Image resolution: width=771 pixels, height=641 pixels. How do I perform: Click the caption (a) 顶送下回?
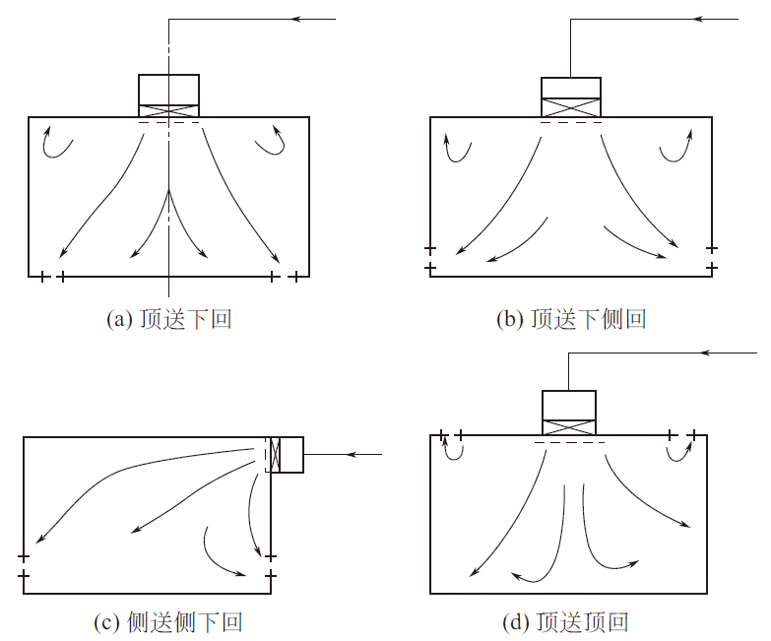[168, 320]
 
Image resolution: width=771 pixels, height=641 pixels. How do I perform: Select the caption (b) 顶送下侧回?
[572, 320]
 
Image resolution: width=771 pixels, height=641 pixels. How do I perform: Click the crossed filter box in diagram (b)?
[571, 107]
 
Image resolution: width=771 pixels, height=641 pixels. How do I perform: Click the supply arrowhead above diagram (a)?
[301, 18]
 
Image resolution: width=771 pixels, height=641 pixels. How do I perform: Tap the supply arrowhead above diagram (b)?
[700, 18]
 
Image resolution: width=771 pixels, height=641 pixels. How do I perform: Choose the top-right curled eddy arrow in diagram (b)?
[675, 147]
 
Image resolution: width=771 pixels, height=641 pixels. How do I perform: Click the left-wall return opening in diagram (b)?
[430, 258]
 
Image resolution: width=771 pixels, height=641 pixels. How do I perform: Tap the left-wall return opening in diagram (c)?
[24, 565]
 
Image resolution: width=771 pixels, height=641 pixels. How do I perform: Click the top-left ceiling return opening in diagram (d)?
[451, 434]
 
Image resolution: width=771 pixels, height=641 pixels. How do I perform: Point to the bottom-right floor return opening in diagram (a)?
[283, 277]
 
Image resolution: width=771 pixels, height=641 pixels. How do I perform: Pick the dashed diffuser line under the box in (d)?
[569, 443]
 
